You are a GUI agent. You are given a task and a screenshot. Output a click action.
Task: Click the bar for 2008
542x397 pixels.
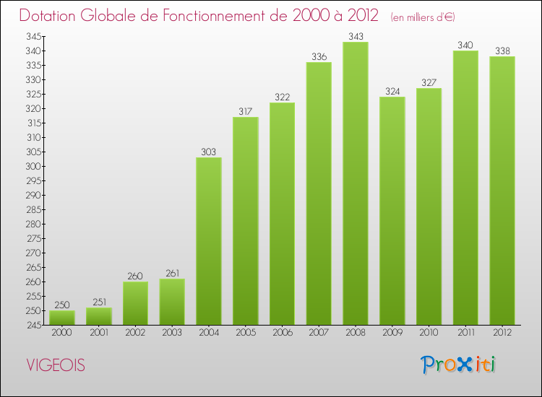pos(356,183)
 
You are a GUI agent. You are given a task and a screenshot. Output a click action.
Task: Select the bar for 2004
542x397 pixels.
pos(209,241)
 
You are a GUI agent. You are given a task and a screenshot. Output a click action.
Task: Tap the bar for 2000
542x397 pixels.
pos(62,318)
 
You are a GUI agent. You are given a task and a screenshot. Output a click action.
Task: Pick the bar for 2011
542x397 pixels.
pos(465,188)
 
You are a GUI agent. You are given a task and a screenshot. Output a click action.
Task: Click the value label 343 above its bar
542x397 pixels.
pos(356,36)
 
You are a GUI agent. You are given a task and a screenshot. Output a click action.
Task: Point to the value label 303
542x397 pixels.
pos(209,152)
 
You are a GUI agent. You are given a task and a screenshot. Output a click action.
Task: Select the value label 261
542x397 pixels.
pos(172,273)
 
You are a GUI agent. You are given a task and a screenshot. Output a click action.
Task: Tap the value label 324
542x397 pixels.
pos(392,91)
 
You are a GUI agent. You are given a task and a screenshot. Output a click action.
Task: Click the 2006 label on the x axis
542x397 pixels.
pos(282,332)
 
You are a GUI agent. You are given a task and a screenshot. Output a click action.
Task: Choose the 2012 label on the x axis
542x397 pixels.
pos(502,332)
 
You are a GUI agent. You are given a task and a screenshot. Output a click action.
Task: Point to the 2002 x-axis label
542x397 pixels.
pos(135,332)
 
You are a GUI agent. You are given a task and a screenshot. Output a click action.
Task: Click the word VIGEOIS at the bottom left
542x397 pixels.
pos(55,365)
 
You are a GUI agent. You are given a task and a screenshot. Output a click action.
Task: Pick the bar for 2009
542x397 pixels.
pos(392,211)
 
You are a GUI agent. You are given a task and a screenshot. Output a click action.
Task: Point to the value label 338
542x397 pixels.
pos(502,51)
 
